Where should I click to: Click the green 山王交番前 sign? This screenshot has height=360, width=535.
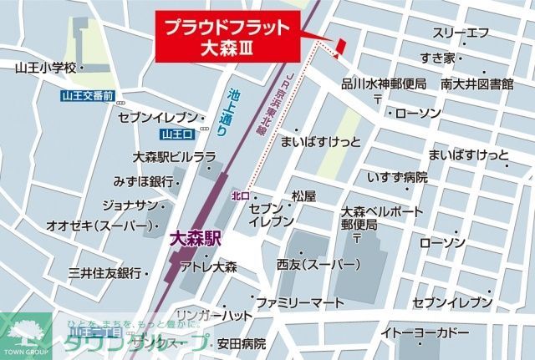tap(87, 97)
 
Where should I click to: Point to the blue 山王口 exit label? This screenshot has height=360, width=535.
tap(177, 134)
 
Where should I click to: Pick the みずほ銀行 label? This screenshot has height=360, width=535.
tap(144, 180)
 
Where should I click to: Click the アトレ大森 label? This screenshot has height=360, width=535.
tap(209, 267)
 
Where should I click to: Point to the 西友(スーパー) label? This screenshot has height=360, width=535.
tap(318, 265)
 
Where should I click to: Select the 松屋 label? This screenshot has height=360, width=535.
tap(303, 195)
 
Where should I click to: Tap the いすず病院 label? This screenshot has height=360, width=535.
tap(397, 177)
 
